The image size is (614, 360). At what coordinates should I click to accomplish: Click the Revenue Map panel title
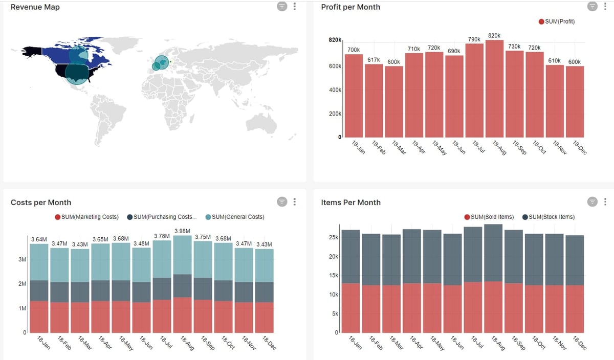(35, 7)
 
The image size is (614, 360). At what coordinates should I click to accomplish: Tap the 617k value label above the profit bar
(374, 60)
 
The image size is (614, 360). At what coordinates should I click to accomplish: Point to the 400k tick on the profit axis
(335, 90)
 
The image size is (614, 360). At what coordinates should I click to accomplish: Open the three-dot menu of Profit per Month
(605, 6)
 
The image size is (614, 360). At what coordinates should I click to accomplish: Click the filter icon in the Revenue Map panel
(282, 6)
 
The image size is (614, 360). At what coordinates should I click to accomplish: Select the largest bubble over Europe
(162, 62)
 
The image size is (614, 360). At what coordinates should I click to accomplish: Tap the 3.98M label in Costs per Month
(183, 231)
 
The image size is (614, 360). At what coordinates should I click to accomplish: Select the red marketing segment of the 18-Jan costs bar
(39, 317)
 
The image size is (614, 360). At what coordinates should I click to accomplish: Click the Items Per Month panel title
(350, 202)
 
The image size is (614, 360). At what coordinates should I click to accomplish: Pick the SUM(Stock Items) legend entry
(551, 217)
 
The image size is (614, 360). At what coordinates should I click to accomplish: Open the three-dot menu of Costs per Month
(294, 201)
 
